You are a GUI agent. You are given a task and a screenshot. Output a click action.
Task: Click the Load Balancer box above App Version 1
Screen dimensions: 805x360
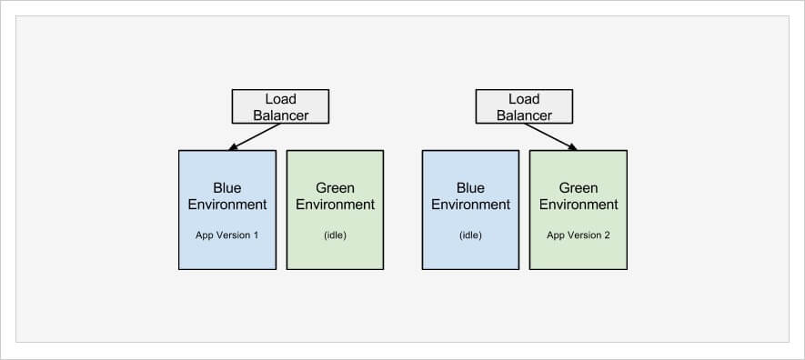pyautogui.click(x=280, y=106)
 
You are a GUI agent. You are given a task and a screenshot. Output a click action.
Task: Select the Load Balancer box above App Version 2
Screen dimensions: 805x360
pyautogui.click(x=524, y=106)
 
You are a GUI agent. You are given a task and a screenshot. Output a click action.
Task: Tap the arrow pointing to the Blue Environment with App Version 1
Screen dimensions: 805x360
pyautogui.click(x=254, y=137)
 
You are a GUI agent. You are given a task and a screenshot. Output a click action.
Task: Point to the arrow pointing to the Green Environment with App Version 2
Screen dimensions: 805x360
pyautogui.click(x=550, y=137)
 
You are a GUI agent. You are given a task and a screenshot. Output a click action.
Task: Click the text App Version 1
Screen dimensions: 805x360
pyautogui.click(x=226, y=235)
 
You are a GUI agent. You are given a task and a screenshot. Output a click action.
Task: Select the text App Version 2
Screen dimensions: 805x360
pyautogui.click(x=579, y=235)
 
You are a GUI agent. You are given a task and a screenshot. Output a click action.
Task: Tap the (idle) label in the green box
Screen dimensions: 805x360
pyautogui.click(x=335, y=235)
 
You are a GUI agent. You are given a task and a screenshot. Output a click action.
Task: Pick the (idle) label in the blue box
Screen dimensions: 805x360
pyautogui.click(x=470, y=235)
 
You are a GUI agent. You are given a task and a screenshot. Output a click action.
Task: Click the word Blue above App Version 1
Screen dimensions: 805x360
pyautogui.click(x=226, y=188)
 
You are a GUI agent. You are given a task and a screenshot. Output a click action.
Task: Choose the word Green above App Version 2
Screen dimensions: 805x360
pyautogui.click(x=579, y=188)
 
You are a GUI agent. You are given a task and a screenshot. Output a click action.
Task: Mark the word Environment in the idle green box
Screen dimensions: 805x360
pyautogui.click(x=335, y=205)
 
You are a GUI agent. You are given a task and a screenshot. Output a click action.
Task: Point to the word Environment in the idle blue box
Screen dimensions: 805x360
pyautogui.click(x=470, y=205)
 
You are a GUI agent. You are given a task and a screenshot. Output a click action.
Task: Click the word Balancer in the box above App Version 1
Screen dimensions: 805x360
pyautogui.click(x=280, y=115)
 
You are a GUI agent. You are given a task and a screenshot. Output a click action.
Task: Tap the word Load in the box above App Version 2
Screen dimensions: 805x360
pyautogui.click(x=524, y=98)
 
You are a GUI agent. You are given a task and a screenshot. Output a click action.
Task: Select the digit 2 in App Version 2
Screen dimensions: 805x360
pyautogui.click(x=607, y=235)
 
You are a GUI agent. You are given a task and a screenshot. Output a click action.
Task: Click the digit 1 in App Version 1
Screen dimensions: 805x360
pyautogui.click(x=256, y=235)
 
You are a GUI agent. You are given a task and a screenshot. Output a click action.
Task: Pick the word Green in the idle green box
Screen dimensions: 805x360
pyautogui.click(x=335, y=188)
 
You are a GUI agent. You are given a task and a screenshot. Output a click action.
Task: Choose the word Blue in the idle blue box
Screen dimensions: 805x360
pyautogui.click(x=470, y=188)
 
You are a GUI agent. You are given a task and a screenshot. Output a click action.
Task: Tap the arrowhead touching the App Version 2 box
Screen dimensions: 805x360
pyautogui.click(x=572, y=147)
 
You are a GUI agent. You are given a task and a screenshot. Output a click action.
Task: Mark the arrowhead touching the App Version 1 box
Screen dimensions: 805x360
pyautogui.click(x=233, y=147)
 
